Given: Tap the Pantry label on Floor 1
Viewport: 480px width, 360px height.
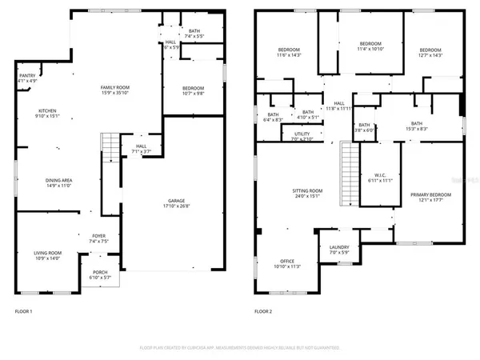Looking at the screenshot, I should click(x=26, y=75).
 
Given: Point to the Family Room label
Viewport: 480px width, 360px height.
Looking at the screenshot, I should click(x=114, y=86).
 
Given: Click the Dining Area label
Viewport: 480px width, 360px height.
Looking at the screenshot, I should click(x=58, y=180).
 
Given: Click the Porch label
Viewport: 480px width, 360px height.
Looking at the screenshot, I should click(x=100, y=272).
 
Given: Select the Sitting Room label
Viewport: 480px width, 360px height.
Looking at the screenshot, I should click(x=306, y=190).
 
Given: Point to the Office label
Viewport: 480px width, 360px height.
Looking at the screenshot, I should click(x=286, y=262).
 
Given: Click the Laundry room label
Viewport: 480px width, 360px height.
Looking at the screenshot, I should click(x=339, y=248).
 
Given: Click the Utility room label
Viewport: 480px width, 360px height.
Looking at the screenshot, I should click(x=302, y=134).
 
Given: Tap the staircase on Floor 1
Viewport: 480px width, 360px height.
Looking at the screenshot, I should click(x=110, y=147).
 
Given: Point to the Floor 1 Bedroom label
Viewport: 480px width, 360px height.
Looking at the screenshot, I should click(x=193, y=88).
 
